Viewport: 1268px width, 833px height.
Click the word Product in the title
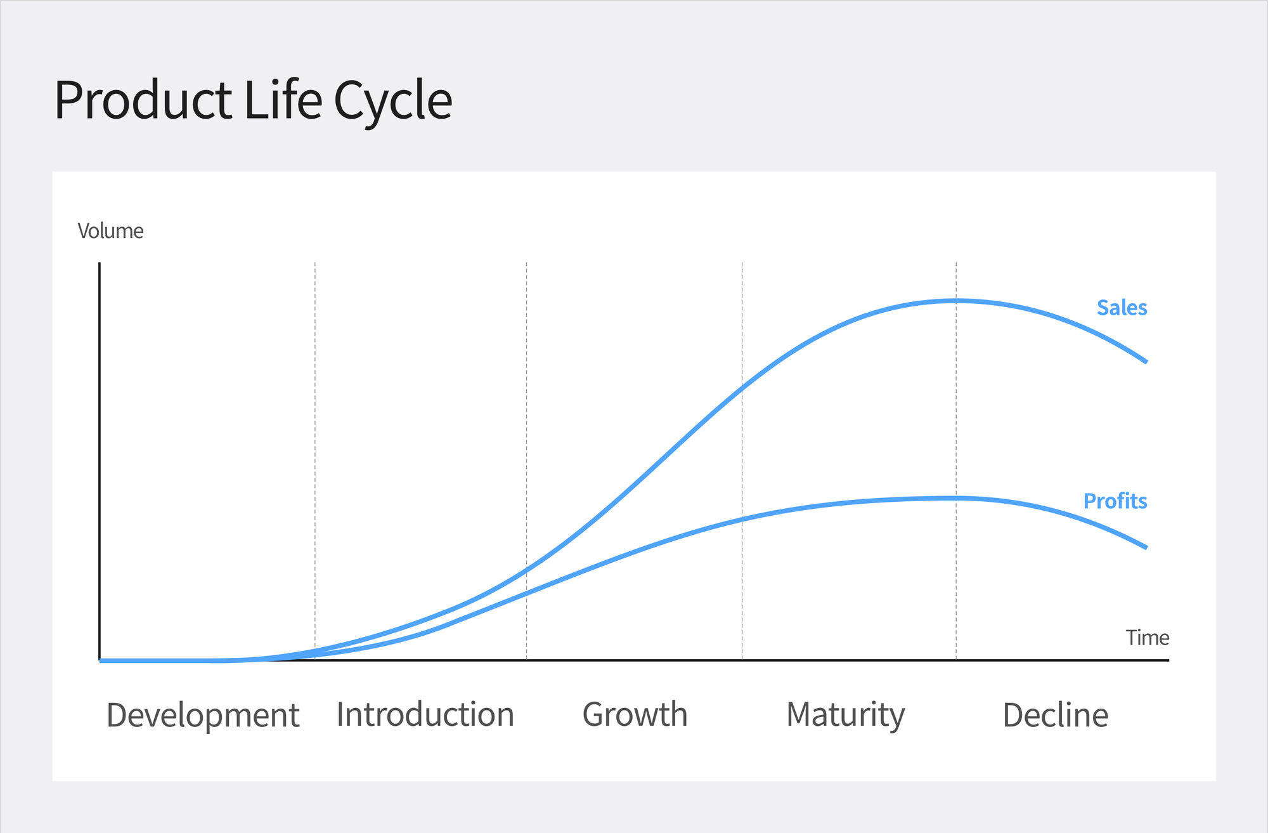coord(143,100)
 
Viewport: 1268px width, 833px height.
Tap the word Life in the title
coord(283,100)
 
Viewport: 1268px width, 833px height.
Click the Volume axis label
coord(110,231)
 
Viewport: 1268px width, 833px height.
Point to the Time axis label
coord(1147,638)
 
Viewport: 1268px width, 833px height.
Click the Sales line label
coord(1122,308)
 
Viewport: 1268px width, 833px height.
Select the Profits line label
coord(1115,501)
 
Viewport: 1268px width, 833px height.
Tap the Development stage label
coord(203,716)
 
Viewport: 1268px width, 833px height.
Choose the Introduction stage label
coord(425,714)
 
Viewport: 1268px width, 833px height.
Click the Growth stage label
coord(635,715)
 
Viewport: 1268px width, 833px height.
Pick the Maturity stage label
coord(845,715)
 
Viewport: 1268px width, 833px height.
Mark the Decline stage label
coord(1055,715)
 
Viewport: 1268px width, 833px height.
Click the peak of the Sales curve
coord(957,301)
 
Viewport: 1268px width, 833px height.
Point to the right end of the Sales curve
coord(1146,362)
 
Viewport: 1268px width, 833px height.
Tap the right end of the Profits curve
coord(1146,547)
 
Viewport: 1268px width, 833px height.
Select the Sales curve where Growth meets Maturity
coord(742,388)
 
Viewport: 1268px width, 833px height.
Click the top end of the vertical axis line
coord(100,263)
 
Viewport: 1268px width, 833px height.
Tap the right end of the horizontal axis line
coord(1168,660)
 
